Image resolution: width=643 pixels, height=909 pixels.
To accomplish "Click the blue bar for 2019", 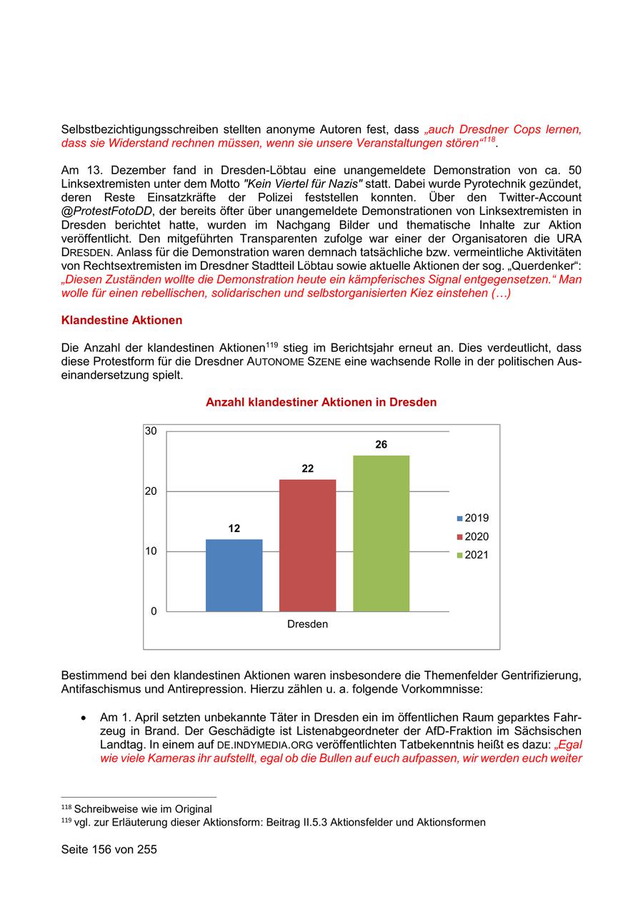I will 234,575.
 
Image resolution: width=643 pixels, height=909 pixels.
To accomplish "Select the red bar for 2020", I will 307,545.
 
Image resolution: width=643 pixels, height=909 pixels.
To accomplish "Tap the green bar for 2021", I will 381,533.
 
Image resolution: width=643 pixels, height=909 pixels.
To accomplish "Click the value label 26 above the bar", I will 381,445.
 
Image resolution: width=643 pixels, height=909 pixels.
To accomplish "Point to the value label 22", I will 307,469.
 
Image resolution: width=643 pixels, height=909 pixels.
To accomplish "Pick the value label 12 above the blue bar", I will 234,529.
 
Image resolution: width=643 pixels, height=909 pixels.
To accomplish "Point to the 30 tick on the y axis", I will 151,431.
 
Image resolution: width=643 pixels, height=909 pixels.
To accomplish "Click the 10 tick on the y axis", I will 151,551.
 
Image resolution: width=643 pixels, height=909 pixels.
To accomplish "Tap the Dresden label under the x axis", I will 307,624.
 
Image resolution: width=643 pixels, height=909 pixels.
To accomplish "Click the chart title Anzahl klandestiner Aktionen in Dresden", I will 321,403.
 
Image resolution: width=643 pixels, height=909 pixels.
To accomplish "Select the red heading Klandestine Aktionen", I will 121,321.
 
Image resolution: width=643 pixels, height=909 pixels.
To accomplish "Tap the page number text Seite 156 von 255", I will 109,850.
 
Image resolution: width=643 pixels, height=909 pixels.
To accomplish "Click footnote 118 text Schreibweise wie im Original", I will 143,809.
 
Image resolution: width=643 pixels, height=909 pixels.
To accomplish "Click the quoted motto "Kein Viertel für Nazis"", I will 303,184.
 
